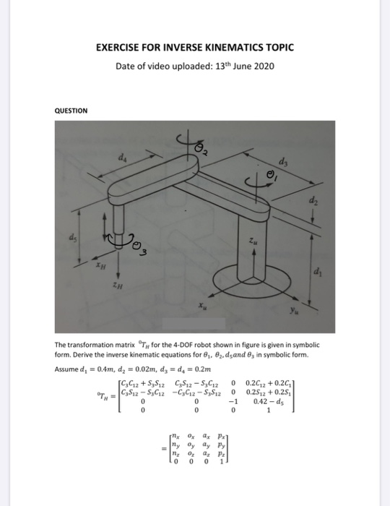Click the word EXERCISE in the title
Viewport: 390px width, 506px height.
119,48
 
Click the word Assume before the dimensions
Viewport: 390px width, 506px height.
69,369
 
